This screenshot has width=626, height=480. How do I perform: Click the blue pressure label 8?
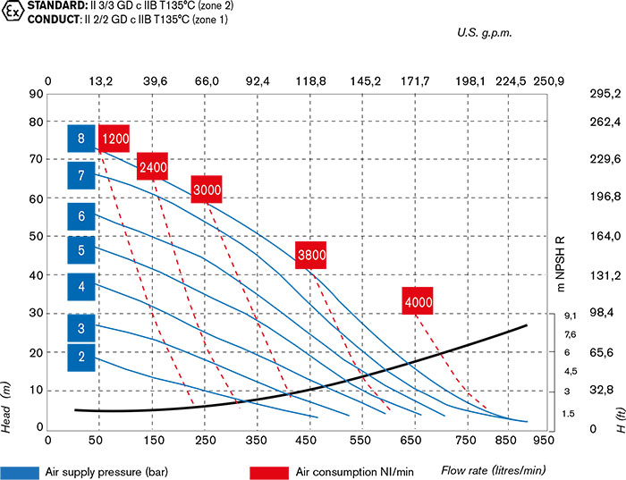click(80, 139)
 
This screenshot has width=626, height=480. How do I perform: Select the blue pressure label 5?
click(80, 251)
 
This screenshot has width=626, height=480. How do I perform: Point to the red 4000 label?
click(419, 302)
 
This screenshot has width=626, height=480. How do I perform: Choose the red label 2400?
click(153, 166)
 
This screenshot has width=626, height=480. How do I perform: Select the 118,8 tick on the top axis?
click(310, 81)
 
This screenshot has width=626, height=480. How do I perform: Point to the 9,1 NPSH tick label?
click(570, 316)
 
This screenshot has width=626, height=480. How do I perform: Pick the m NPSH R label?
click(561, 264)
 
